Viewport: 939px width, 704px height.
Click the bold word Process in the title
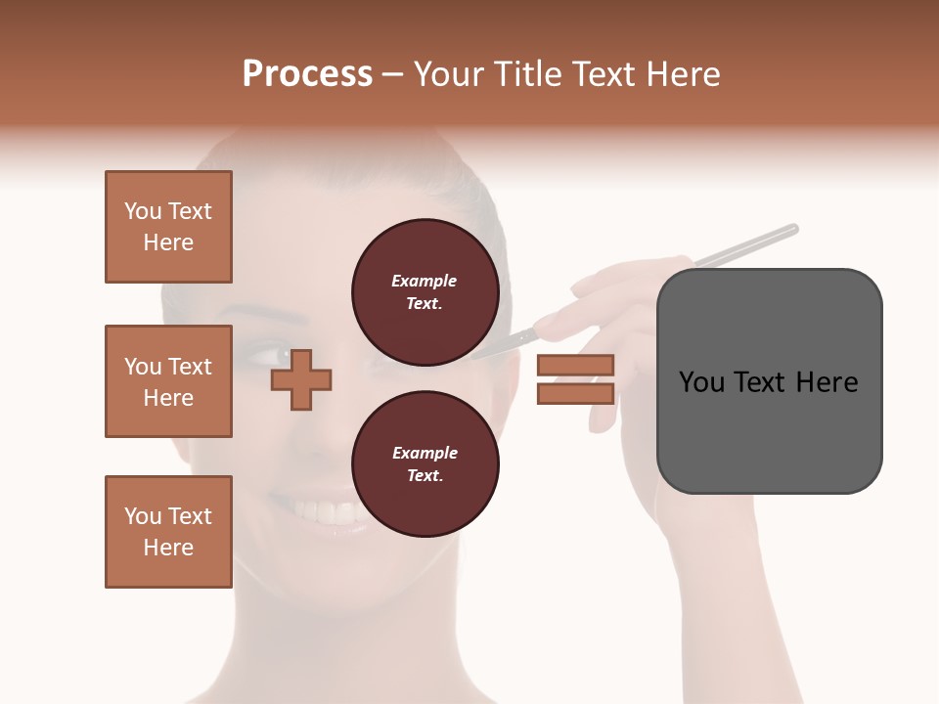coord(307,74)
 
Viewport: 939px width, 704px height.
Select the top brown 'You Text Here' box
coord(168,227)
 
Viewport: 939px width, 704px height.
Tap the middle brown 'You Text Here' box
coord(168,381)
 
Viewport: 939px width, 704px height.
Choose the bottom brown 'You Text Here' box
coord(168,532)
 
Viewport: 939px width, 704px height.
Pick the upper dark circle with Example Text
coord(425,292)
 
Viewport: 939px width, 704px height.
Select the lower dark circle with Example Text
coord(425,464)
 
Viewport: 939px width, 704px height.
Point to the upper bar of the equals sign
coord(575,365)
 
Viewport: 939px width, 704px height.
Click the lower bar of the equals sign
coord(575,394)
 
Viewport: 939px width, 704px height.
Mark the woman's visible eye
coord(267,351)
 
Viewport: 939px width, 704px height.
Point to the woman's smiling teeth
coord(328,511)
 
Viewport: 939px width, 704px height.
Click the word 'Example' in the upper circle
coord(425,282)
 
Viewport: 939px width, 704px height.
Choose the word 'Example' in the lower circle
coord(425,454)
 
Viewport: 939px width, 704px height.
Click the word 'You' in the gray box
coord(702,382)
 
